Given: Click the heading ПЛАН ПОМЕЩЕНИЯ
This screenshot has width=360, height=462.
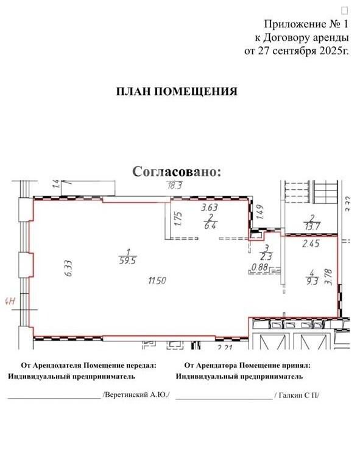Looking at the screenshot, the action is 177,91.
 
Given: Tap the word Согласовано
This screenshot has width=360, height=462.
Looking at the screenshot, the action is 175,171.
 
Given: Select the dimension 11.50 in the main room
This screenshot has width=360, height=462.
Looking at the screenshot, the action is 157,281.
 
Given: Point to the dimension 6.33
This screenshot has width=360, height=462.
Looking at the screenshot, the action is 69,268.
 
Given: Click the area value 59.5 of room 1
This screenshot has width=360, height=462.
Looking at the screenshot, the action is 128,261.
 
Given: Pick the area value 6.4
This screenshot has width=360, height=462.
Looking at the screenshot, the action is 211,226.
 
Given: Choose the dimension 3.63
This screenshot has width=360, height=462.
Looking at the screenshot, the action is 210,208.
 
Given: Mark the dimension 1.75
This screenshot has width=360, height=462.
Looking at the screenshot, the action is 178,219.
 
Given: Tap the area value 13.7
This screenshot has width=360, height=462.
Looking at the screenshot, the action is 311,226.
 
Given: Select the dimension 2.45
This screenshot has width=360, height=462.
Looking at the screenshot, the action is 311,243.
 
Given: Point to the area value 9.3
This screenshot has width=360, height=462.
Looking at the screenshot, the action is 312,281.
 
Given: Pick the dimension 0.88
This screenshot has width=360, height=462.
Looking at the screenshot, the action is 259,267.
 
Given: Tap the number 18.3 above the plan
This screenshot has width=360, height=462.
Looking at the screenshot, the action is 175,186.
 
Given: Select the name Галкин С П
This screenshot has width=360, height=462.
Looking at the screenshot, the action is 297,395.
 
